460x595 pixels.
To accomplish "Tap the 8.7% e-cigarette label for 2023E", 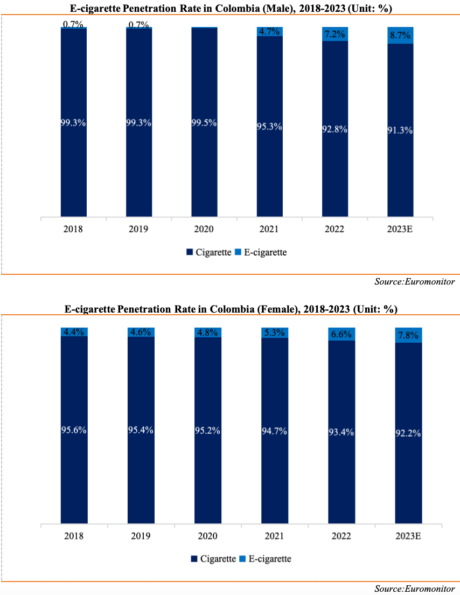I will coord(400,36).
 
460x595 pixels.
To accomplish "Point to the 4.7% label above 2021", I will coord(269,32).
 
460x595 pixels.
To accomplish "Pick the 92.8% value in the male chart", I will coord(334,129).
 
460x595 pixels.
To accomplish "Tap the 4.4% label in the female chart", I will coord(74,332).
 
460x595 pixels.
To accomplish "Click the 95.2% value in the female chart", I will coord(207,431).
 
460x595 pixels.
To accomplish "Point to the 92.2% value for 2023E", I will coord(408,433).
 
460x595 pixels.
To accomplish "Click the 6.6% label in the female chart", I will coord(341,334).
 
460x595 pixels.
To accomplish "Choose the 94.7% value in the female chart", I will coord(275,431).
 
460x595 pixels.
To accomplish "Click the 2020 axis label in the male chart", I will coord(205,230).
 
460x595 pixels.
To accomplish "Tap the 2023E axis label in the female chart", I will coord(408,536).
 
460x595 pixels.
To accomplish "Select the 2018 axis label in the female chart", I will coord(74,536).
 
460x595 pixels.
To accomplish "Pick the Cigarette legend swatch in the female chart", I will coord(194,559).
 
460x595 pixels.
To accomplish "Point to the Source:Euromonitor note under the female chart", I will coord(415,588).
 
